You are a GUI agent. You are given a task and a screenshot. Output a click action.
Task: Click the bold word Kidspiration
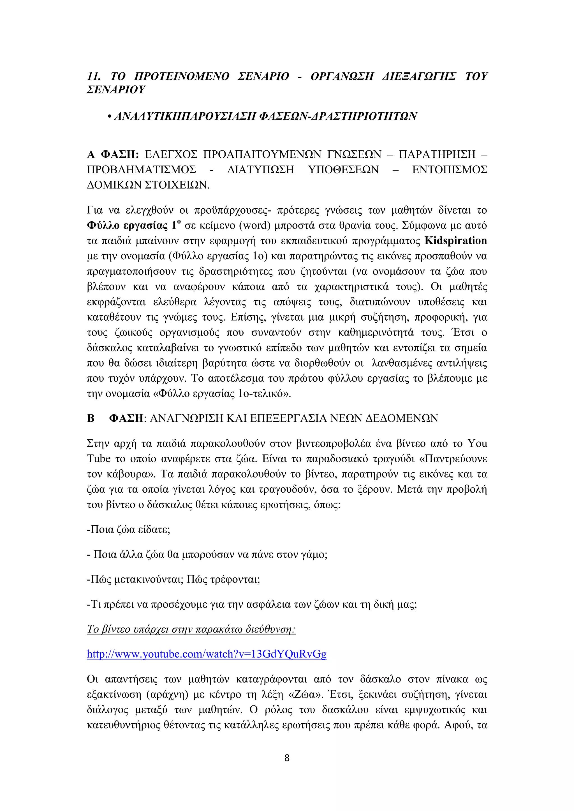[455, 241]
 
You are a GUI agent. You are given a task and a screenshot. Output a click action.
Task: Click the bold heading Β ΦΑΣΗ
[115, 418]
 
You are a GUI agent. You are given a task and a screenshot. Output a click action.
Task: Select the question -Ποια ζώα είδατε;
[128, 530]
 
